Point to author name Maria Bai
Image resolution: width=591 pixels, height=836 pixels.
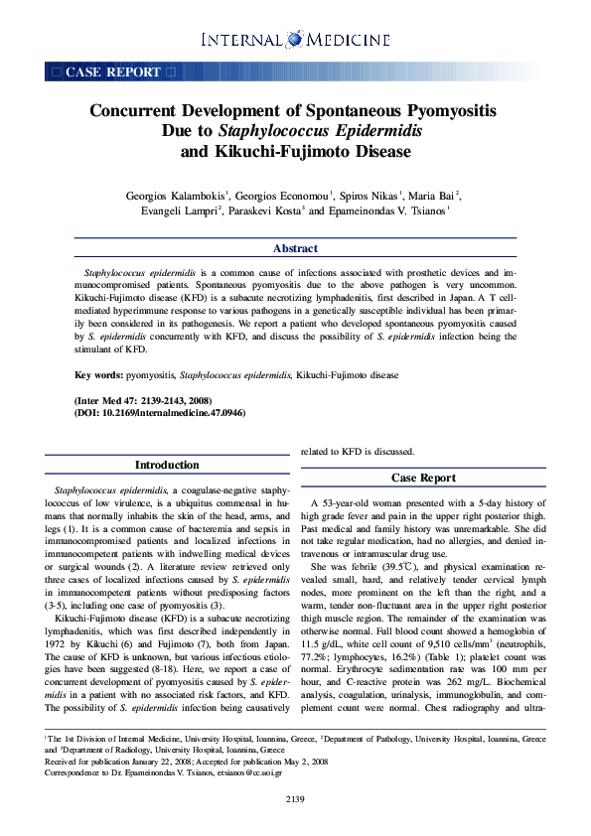pos(435,196)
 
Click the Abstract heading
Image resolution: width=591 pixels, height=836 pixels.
pos(295,248)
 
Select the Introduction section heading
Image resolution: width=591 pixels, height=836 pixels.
pos(167,465)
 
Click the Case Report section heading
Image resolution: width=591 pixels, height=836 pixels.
pos(423,478)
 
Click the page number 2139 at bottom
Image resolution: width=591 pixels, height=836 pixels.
pos(295,799)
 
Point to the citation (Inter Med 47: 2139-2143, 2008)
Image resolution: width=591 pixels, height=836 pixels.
pos(144,400)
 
